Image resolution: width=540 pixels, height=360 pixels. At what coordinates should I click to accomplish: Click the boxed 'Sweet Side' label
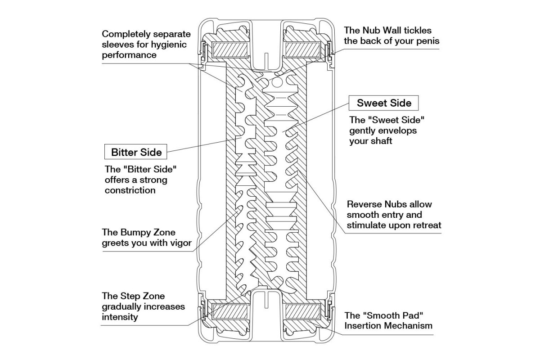pos(384,103)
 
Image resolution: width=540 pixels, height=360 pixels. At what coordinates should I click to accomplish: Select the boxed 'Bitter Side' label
pos(136,152)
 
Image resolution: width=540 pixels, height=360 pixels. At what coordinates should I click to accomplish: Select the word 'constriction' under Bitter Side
pos(130,190)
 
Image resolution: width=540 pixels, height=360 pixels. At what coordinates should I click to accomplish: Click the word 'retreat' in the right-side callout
pos(426,225)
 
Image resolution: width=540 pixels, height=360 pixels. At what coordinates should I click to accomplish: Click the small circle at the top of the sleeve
pos(277,82)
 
